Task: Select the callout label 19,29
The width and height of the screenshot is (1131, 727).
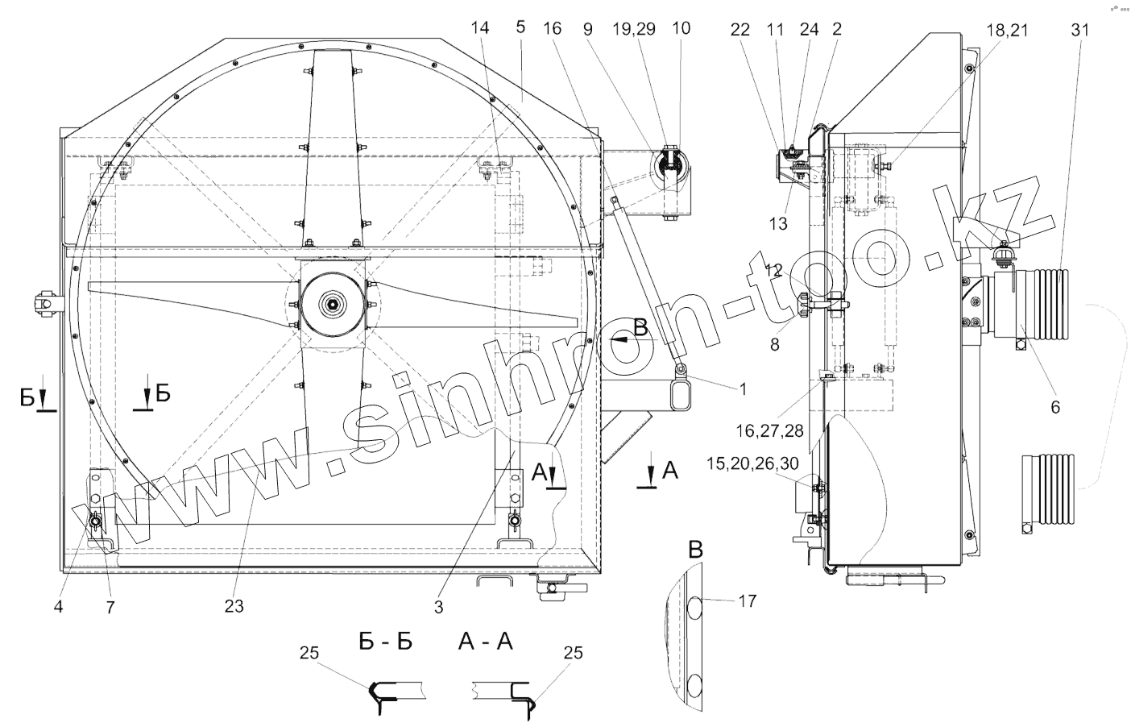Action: tap(634, 29)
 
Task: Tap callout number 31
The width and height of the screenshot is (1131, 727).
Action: tap(1080, 31)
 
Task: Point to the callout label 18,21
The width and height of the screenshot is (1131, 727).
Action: tap(1007, 31)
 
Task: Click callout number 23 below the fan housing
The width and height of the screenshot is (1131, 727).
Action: tap(234, 606)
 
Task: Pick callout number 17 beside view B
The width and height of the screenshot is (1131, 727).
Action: tap(748, 600)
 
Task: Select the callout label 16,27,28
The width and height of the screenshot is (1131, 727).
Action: tap(769, 430)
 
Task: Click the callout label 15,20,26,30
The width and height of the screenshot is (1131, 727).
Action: tap(752, 463)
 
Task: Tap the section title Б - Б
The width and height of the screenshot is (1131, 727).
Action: tap(386, 641)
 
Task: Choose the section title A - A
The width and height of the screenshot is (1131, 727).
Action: tap(485, 641)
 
